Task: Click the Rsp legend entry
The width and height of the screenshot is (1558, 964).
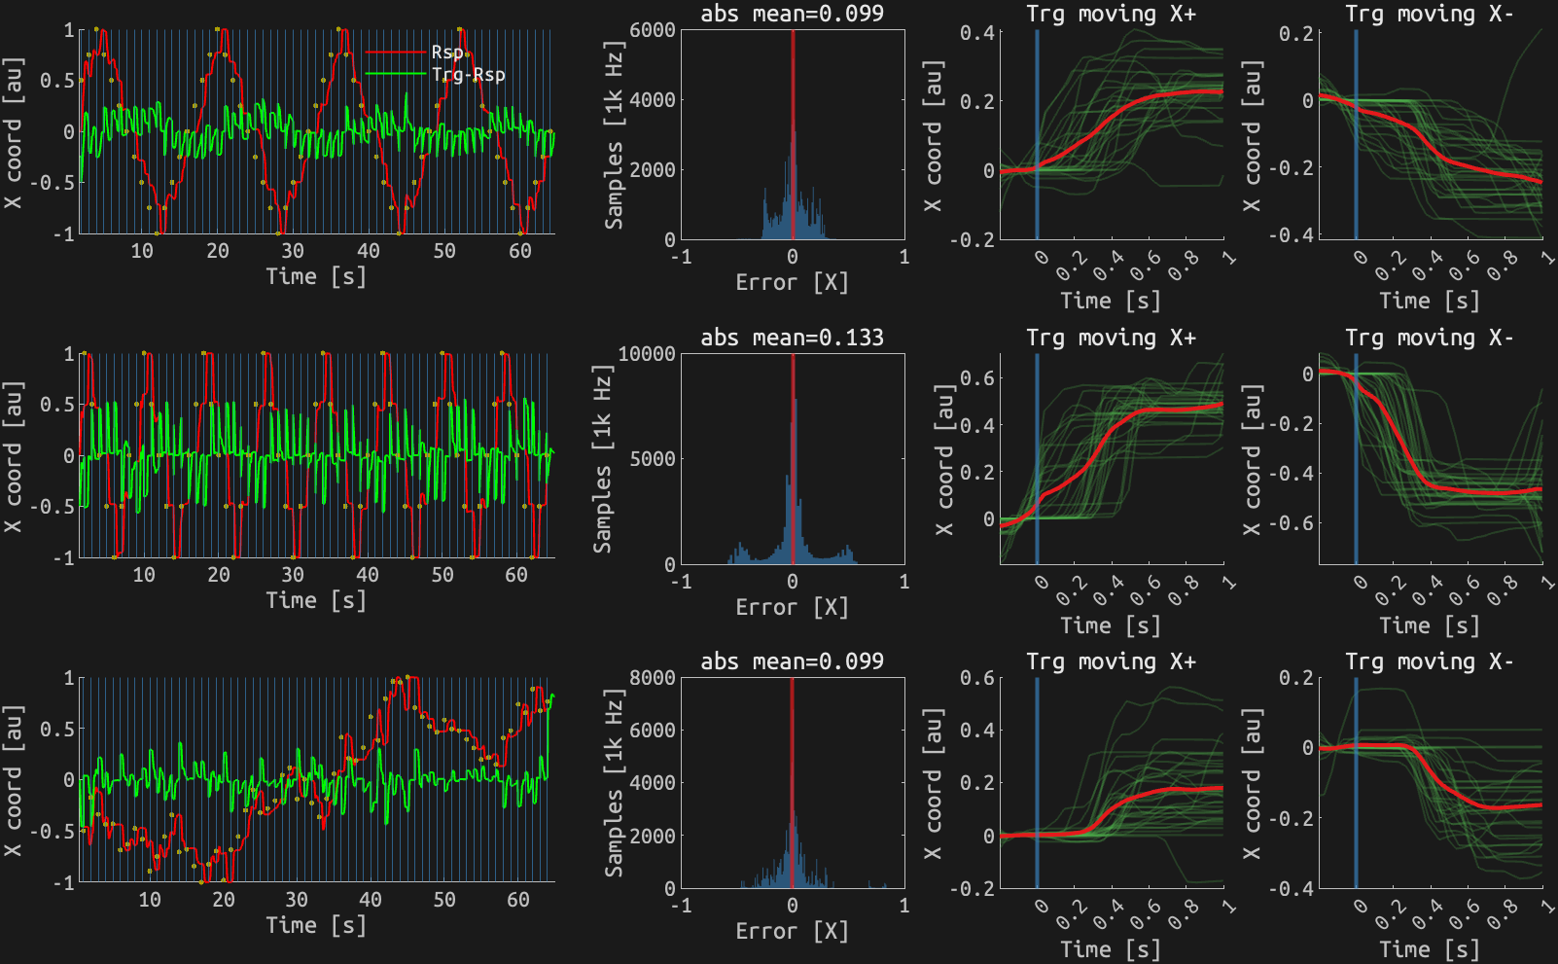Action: pos(448,52)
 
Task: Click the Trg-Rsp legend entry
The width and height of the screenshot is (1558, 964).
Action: pos(468,75)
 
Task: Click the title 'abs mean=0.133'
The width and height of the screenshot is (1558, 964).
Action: pos(792,338)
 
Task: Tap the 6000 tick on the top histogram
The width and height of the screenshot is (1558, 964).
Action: pos(652,30)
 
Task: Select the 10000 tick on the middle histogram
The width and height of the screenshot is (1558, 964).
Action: pos(646,354)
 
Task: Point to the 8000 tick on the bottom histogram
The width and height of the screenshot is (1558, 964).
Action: pos(652,678)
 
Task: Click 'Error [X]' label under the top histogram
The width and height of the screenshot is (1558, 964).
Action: pos(792,283)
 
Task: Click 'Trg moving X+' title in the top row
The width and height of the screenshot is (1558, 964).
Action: pos(1111,14)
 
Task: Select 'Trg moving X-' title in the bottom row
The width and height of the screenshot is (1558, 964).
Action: pos(1429,661)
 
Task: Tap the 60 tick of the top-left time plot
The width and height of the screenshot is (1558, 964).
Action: pos(520,251)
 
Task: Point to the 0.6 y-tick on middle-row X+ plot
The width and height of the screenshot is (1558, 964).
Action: pos(976,377)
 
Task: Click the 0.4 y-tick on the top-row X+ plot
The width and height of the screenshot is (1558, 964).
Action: pos(976,33)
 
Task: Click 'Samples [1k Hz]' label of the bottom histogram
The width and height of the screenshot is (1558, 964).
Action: pos(614,783)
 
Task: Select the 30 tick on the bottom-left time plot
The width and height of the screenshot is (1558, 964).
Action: pos(297,900)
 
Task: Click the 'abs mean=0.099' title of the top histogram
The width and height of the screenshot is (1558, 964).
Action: pos(792,14)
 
